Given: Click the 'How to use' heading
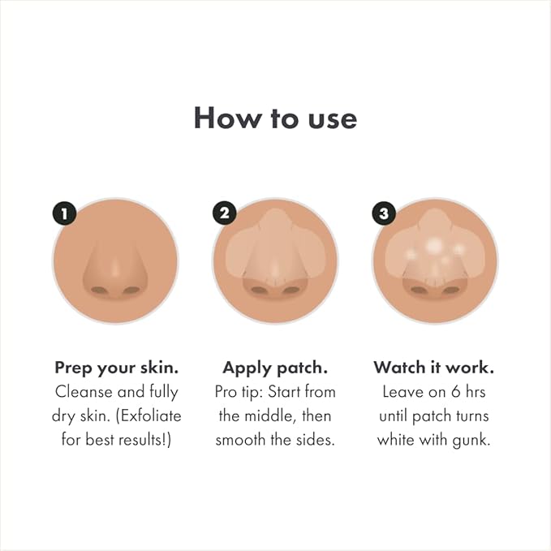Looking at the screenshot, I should tap(275, 118).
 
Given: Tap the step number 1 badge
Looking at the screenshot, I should tap(63, 214).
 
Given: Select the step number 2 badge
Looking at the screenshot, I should tap(224, 214).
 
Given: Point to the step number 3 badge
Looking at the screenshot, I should tap(383, 214).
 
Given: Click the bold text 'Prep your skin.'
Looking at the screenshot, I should tap(116, 368).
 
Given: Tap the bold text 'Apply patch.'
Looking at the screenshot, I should tap(274, 368).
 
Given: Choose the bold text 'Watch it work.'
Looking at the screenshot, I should tap(433, 368).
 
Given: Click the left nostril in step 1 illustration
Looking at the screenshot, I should tap(98, 290).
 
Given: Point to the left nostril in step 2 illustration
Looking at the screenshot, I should tap(258, 290).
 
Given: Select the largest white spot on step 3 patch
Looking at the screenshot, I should tap(434, 245).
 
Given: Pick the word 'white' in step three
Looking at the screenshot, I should tap(403, 441).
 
